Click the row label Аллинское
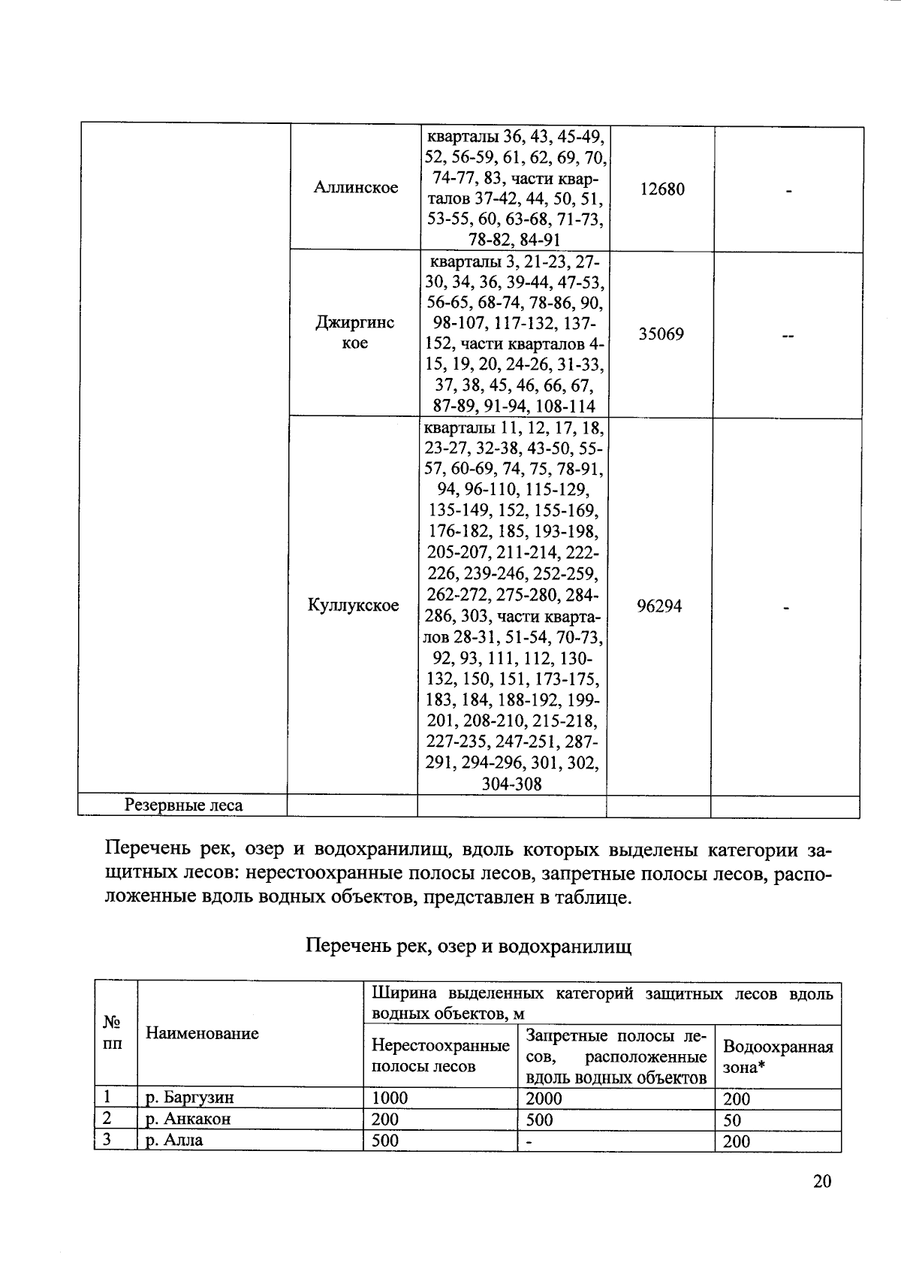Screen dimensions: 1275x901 [356, 188]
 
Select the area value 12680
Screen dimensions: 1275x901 [662, 189]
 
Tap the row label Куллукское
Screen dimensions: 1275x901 [354, 606]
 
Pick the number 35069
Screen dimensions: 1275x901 [661, 334]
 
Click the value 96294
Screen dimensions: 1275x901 [659, 606]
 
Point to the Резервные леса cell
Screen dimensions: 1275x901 [184, 805]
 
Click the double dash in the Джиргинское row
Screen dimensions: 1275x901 [788, 337]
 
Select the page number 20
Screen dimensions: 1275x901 [821, 1182]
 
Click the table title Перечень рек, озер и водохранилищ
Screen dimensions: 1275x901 [469, 946]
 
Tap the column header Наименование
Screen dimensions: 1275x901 [202, 1033]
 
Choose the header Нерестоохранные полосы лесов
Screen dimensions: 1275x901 [441, 1056]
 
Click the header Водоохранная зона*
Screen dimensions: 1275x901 [777, 1056]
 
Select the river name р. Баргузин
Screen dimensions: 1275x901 [190, 1097]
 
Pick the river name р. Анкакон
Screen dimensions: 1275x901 [188, 1119]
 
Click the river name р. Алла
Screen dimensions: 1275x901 [174, 1140]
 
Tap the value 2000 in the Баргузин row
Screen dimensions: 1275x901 [544, 1098]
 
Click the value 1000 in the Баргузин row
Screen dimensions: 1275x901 [390, 1098]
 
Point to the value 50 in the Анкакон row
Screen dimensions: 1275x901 [732, 1120]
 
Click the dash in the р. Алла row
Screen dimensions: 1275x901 [529, 1141]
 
